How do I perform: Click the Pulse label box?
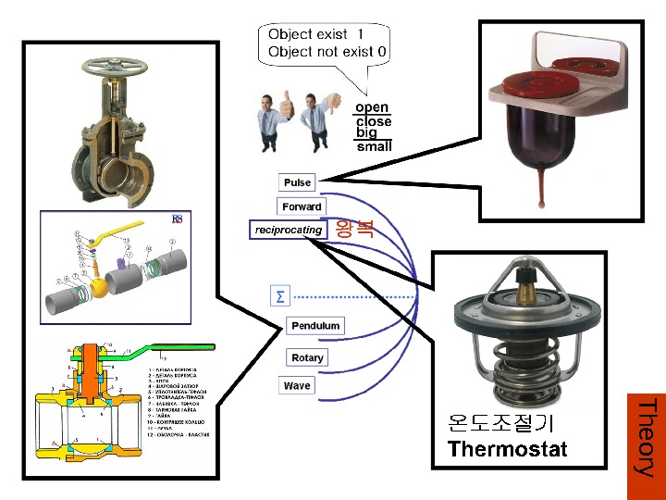click(x=298, y=182)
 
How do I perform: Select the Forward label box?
click(x=302, y=206)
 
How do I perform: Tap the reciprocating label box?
click(x=289, y=230)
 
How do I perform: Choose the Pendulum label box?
click(x=315, y=326)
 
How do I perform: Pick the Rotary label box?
click(x=307, y=357)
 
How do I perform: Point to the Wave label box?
click(x=297, y=385)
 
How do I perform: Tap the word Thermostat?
click(x=507, y=450)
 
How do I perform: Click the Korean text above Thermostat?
click(x=500, y=424)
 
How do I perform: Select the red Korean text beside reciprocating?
click(x=355, y=229)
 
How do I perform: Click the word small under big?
click(x=374, y=146)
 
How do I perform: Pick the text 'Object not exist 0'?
click(x=327, y=52)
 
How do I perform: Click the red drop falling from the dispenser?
click(x=537, y=189)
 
